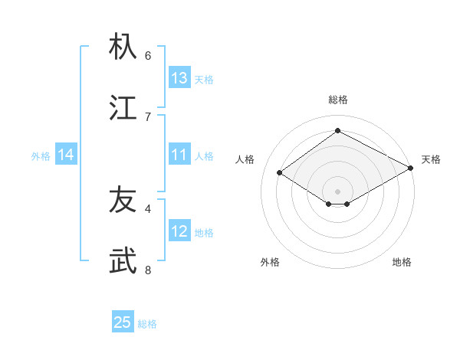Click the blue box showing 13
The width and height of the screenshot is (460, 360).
179,78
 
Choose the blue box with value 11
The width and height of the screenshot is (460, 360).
179,155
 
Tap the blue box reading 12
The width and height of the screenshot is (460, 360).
179,232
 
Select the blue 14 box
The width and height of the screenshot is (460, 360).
66,155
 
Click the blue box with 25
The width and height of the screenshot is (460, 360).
123,322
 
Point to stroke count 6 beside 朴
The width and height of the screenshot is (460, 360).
148,55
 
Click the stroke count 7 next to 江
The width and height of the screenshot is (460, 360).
148,116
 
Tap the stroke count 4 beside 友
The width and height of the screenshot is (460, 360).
148,208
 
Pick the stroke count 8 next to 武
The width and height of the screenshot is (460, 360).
148,270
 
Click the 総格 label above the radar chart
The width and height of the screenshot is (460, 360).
338,100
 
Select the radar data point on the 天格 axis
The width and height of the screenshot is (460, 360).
411,169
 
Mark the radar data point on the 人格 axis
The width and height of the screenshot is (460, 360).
280,173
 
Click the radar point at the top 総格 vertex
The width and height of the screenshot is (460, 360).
338,131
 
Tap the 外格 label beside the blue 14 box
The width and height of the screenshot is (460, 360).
41,156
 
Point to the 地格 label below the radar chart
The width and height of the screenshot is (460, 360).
402,262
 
